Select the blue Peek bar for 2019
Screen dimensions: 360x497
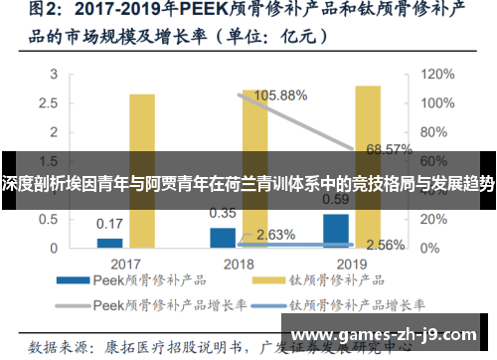(x=336, y=230)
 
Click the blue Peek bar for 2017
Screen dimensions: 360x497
(x=109, y=242)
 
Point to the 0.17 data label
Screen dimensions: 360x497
(x=109, y=224)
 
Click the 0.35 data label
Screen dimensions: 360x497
(x=223, y=213)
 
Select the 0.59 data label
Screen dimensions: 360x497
(x=336, y=199)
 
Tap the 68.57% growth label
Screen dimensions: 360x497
(x=389, y=150)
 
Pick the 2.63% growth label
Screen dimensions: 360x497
(x=275, y=235)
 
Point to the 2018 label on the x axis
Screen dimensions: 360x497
(x=239, y=264)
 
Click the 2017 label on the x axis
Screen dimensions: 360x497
(x=125, y=264)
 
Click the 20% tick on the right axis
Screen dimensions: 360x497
(x=432, y=218)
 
